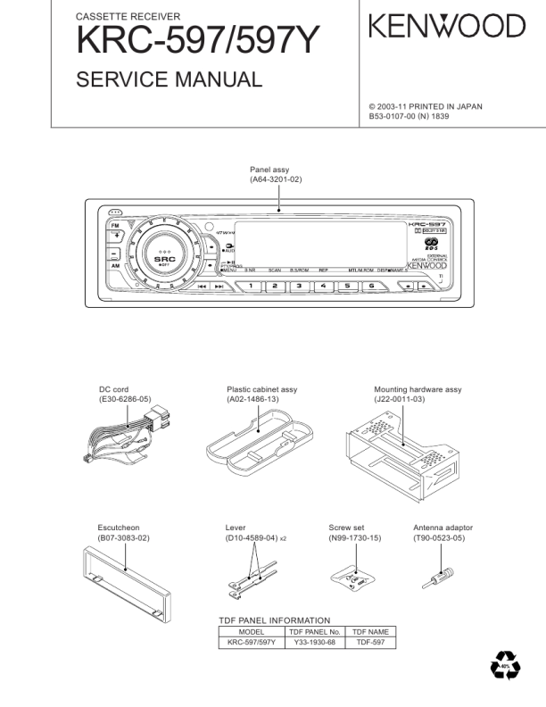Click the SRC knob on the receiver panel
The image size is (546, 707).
pyautogui.click(x=164, y=252)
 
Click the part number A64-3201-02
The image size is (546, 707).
pyautogui.click(x=277, y=179)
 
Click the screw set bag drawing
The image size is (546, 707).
pyautogui.click(x=354, y=579)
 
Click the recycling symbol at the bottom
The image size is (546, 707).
pyautogui.click(x=506, y=666)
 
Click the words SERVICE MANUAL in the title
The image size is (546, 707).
pyautogui.click(x=170, y=79)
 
